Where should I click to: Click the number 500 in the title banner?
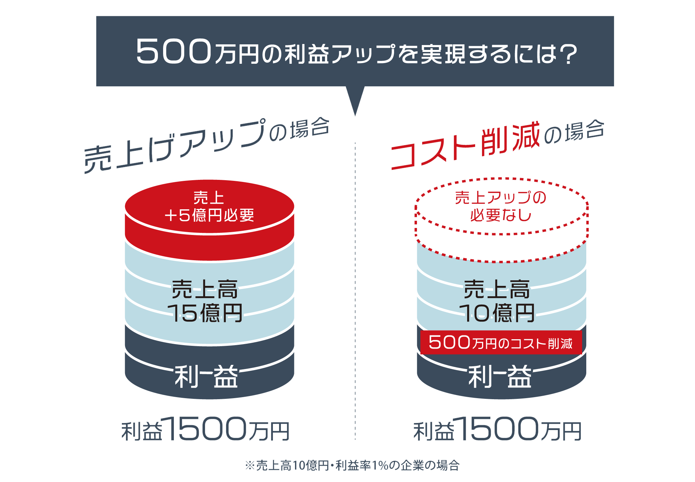click(x=173, y=52)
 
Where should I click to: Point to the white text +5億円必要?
click(x=209, y=216)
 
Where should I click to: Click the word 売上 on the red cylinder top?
click(x=208, y=198)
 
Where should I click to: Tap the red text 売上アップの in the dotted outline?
click(x=500, y=198)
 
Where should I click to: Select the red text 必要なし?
click(x=500, y=216)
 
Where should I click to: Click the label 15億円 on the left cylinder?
click(x=205, y=313)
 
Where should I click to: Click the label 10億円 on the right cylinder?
click(x=497, y=313)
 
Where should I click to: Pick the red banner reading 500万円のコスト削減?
click(x=501, y=343)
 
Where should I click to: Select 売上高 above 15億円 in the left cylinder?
click(x=205, y=289)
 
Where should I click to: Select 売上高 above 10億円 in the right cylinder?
click(x=497, y=289)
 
